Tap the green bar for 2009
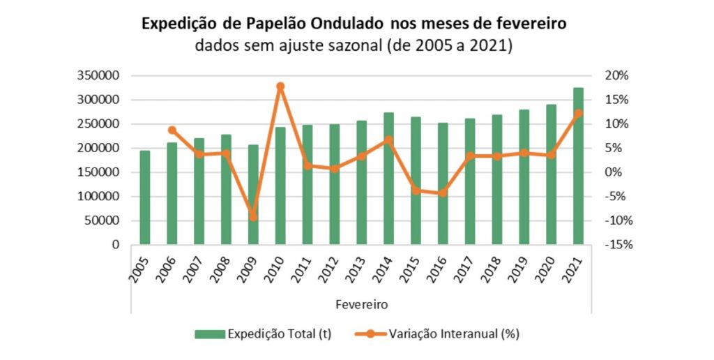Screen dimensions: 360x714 pos(253,195)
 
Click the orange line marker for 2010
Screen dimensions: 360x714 pos(280,87)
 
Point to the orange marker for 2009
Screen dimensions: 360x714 pos(253,217)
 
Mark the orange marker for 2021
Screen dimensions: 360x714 pos(578,113)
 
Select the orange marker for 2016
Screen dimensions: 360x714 pos(442,193)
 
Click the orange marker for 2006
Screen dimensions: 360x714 pos(172,130)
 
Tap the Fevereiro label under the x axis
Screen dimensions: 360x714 pos(361,304)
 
